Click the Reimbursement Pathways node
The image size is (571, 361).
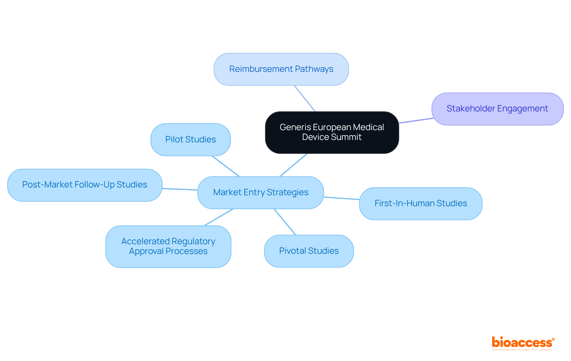281,69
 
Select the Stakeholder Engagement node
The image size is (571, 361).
497,109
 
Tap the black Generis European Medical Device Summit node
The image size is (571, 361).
332,132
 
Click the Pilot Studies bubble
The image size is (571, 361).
190,139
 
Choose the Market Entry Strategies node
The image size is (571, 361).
261,193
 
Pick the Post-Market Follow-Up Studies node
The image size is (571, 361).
85,185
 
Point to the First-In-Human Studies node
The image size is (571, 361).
421,204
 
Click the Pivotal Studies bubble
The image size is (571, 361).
309,251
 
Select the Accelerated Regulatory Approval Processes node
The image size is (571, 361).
168,246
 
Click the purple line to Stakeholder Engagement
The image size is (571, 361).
416,121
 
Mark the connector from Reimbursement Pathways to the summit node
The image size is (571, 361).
305,99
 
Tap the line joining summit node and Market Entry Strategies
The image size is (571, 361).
294,165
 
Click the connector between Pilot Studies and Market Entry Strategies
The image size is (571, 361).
226,166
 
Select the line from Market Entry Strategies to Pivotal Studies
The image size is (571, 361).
285,222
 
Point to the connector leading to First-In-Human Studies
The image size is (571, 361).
341,198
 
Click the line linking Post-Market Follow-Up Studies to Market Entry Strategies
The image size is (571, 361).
180,189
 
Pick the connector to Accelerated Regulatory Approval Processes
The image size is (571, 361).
219,217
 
